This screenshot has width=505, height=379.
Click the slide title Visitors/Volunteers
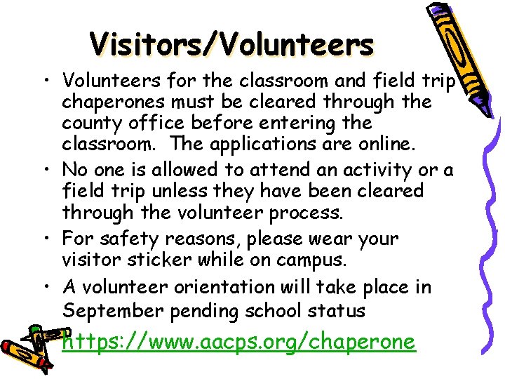coord(231,45)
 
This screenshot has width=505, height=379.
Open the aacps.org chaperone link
coord(238,342)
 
